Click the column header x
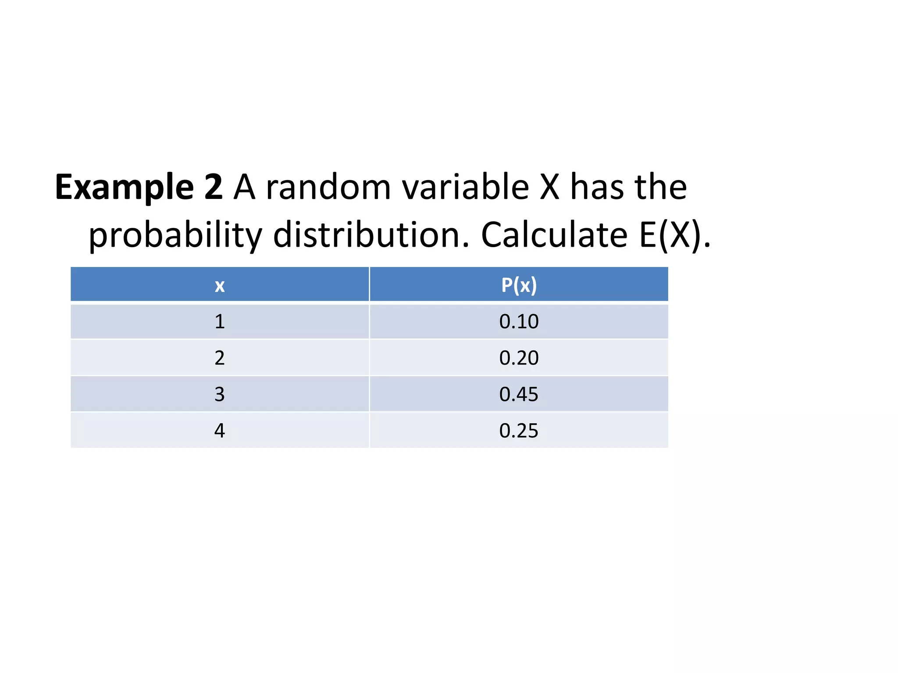pos(220,286)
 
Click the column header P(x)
pos(519,285)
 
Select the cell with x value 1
pos(220,322)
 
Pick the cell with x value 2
pos(220,358)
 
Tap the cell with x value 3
pos(220,394)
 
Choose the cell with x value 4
pos(220,431)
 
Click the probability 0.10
pos(519,322)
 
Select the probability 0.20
pos(519,358)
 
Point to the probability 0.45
pos(519,394)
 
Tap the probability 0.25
pos(519,431)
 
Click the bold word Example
pos(124,188)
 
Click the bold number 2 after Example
pos(214,187)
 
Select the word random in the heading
pos(328,187)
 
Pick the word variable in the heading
pos(466,187)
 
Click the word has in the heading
pos(597,187)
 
